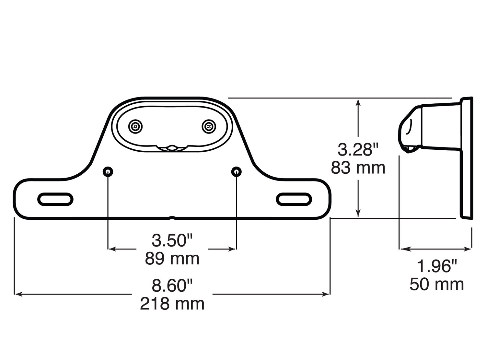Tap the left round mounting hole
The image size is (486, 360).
pyautogui.click(x=108, y=172)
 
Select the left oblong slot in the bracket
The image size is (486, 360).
pyautogui.click(x=55, y=199)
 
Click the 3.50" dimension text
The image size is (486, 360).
pyautogui.click(x=172, y=240)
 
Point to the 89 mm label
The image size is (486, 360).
pyautogui.click(x=172, y=259)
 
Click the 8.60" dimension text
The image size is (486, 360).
pyautogui.click(x=172, y=285)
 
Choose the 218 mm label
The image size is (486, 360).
pyautogui.click(x=172, y=304)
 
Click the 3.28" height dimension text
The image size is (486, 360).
pyautogui.click(x=358, y=150)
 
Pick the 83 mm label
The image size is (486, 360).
pyautogui.click(x=358, y=168)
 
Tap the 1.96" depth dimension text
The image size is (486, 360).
pyautogui.click(x=436, y=266)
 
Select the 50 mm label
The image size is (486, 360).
pyautogui.click(x=436, y=284)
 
